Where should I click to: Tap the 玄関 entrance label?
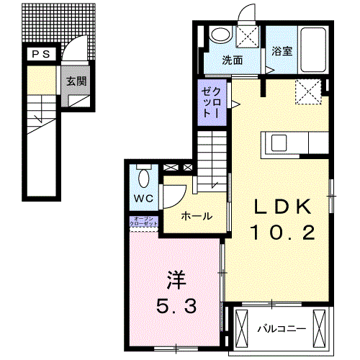[x=77, y=81]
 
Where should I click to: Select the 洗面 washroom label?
[x=232, y=60]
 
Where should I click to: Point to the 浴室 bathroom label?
[x=282, y=51]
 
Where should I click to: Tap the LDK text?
[x=281, y=207]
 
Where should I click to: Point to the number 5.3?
[x=176, y=307]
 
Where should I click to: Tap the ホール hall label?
[x=197, y=215]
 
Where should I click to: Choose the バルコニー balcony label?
[x=282, y=329]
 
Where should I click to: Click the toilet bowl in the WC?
[x=142, y=175]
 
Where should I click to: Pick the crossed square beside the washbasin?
[x=248, y=38]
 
